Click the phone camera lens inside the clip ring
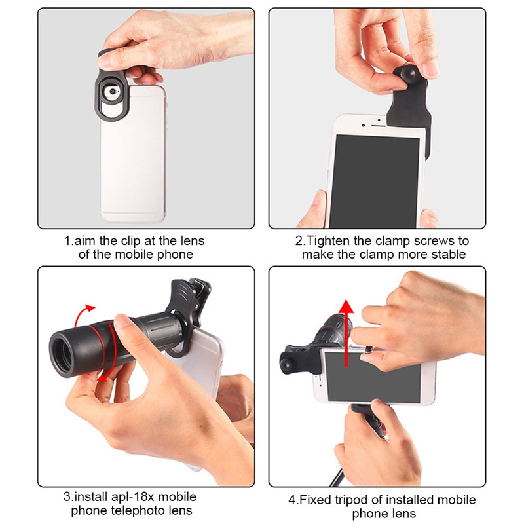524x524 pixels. [113, 91]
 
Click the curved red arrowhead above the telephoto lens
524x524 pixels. [90, 307]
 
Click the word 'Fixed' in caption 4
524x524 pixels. [316, 500]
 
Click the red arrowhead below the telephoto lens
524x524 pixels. [102, 379]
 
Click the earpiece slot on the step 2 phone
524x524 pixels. [379, 126]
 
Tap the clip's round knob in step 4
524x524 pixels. [286, 364]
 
